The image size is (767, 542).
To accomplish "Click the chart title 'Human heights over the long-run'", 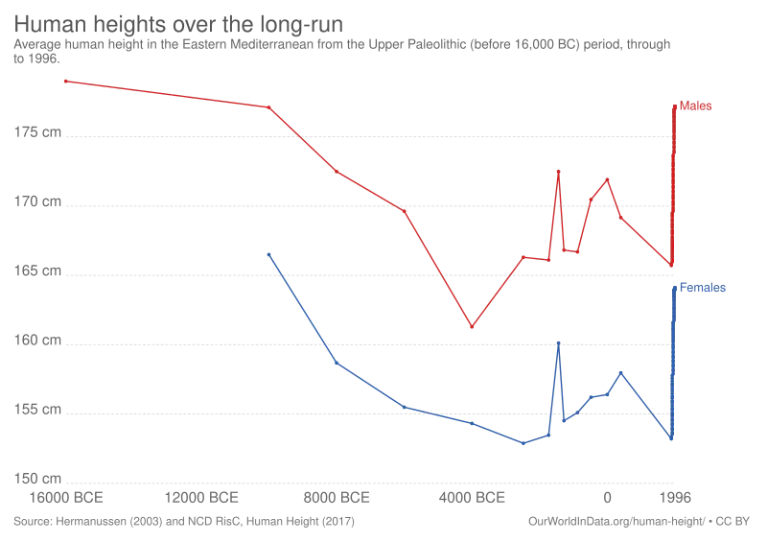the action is pyautogui.click(x=178, y=24).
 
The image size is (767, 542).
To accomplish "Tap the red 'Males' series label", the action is pyautogui.click(x=695, y=106).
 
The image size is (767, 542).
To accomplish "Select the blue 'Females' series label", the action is pyautogui.click(x=703, y=288).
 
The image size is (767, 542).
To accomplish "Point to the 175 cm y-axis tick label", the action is pyautogui.click(x=37, y=132).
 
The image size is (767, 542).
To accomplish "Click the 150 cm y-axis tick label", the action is pyautogui.click(x=37, y=479).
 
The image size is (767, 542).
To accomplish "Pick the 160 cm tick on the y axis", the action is pyautogui.click(x=37, y=340).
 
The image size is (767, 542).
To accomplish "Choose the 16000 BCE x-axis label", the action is pyautogui.click(x=66, y=498).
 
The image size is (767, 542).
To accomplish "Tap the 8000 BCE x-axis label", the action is pyautogui.click(x=337, y=498).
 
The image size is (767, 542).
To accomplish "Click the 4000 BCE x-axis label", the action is pyautogui.click(x=472, y=498).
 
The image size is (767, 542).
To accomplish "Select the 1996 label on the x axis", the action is pyautogui.click(x=675, y=498).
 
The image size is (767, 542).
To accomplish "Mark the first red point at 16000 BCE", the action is pyautogui.click(x=66, y=82).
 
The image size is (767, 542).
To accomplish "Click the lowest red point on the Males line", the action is pyautogui.click(x=472, y=326).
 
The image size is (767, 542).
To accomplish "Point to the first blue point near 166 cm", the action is pyautogui.click(x=269, y=254).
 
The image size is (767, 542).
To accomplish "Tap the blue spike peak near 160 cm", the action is pyautogui.click(x=559, y=343).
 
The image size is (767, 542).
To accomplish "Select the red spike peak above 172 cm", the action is pyautogui.click(x=559, y=172).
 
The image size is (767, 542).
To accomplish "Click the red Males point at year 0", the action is pyautogui.click(x=608, y=179).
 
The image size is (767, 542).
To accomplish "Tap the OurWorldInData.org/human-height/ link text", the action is pyautogui.click(x=616, y=522).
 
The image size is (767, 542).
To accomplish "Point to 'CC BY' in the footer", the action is pyautogui.click(x=732, y=522).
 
